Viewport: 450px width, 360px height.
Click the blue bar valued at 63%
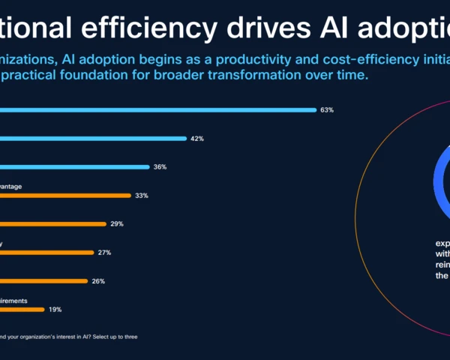[157, 110]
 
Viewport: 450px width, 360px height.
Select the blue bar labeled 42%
[93, 139]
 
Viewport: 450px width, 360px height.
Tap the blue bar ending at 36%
[74, 167]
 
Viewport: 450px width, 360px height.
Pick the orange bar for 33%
[65, 196]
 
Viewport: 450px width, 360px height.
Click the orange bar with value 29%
[52, 224]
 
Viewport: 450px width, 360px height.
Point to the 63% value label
[326, 110]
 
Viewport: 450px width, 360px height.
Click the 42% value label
[196, 139]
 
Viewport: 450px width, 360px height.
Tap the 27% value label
[104, 253]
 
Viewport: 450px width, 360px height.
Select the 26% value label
[98, 281]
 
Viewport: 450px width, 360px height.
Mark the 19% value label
[55, 309]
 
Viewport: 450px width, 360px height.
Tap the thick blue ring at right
[437, 179]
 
